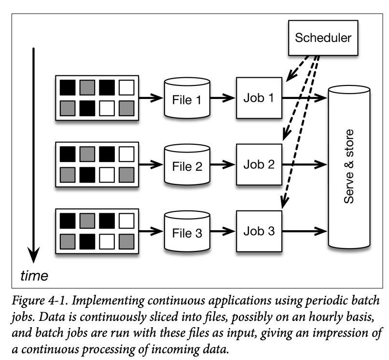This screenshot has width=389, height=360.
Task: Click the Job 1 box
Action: tap(258, 98)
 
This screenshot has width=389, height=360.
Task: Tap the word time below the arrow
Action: tap(34, 276)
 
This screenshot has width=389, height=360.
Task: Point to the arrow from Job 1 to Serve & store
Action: tap(304, 98)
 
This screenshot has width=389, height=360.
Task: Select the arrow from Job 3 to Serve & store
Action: tap(304, 230)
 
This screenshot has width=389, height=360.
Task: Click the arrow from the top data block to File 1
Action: tap(151, 99)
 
